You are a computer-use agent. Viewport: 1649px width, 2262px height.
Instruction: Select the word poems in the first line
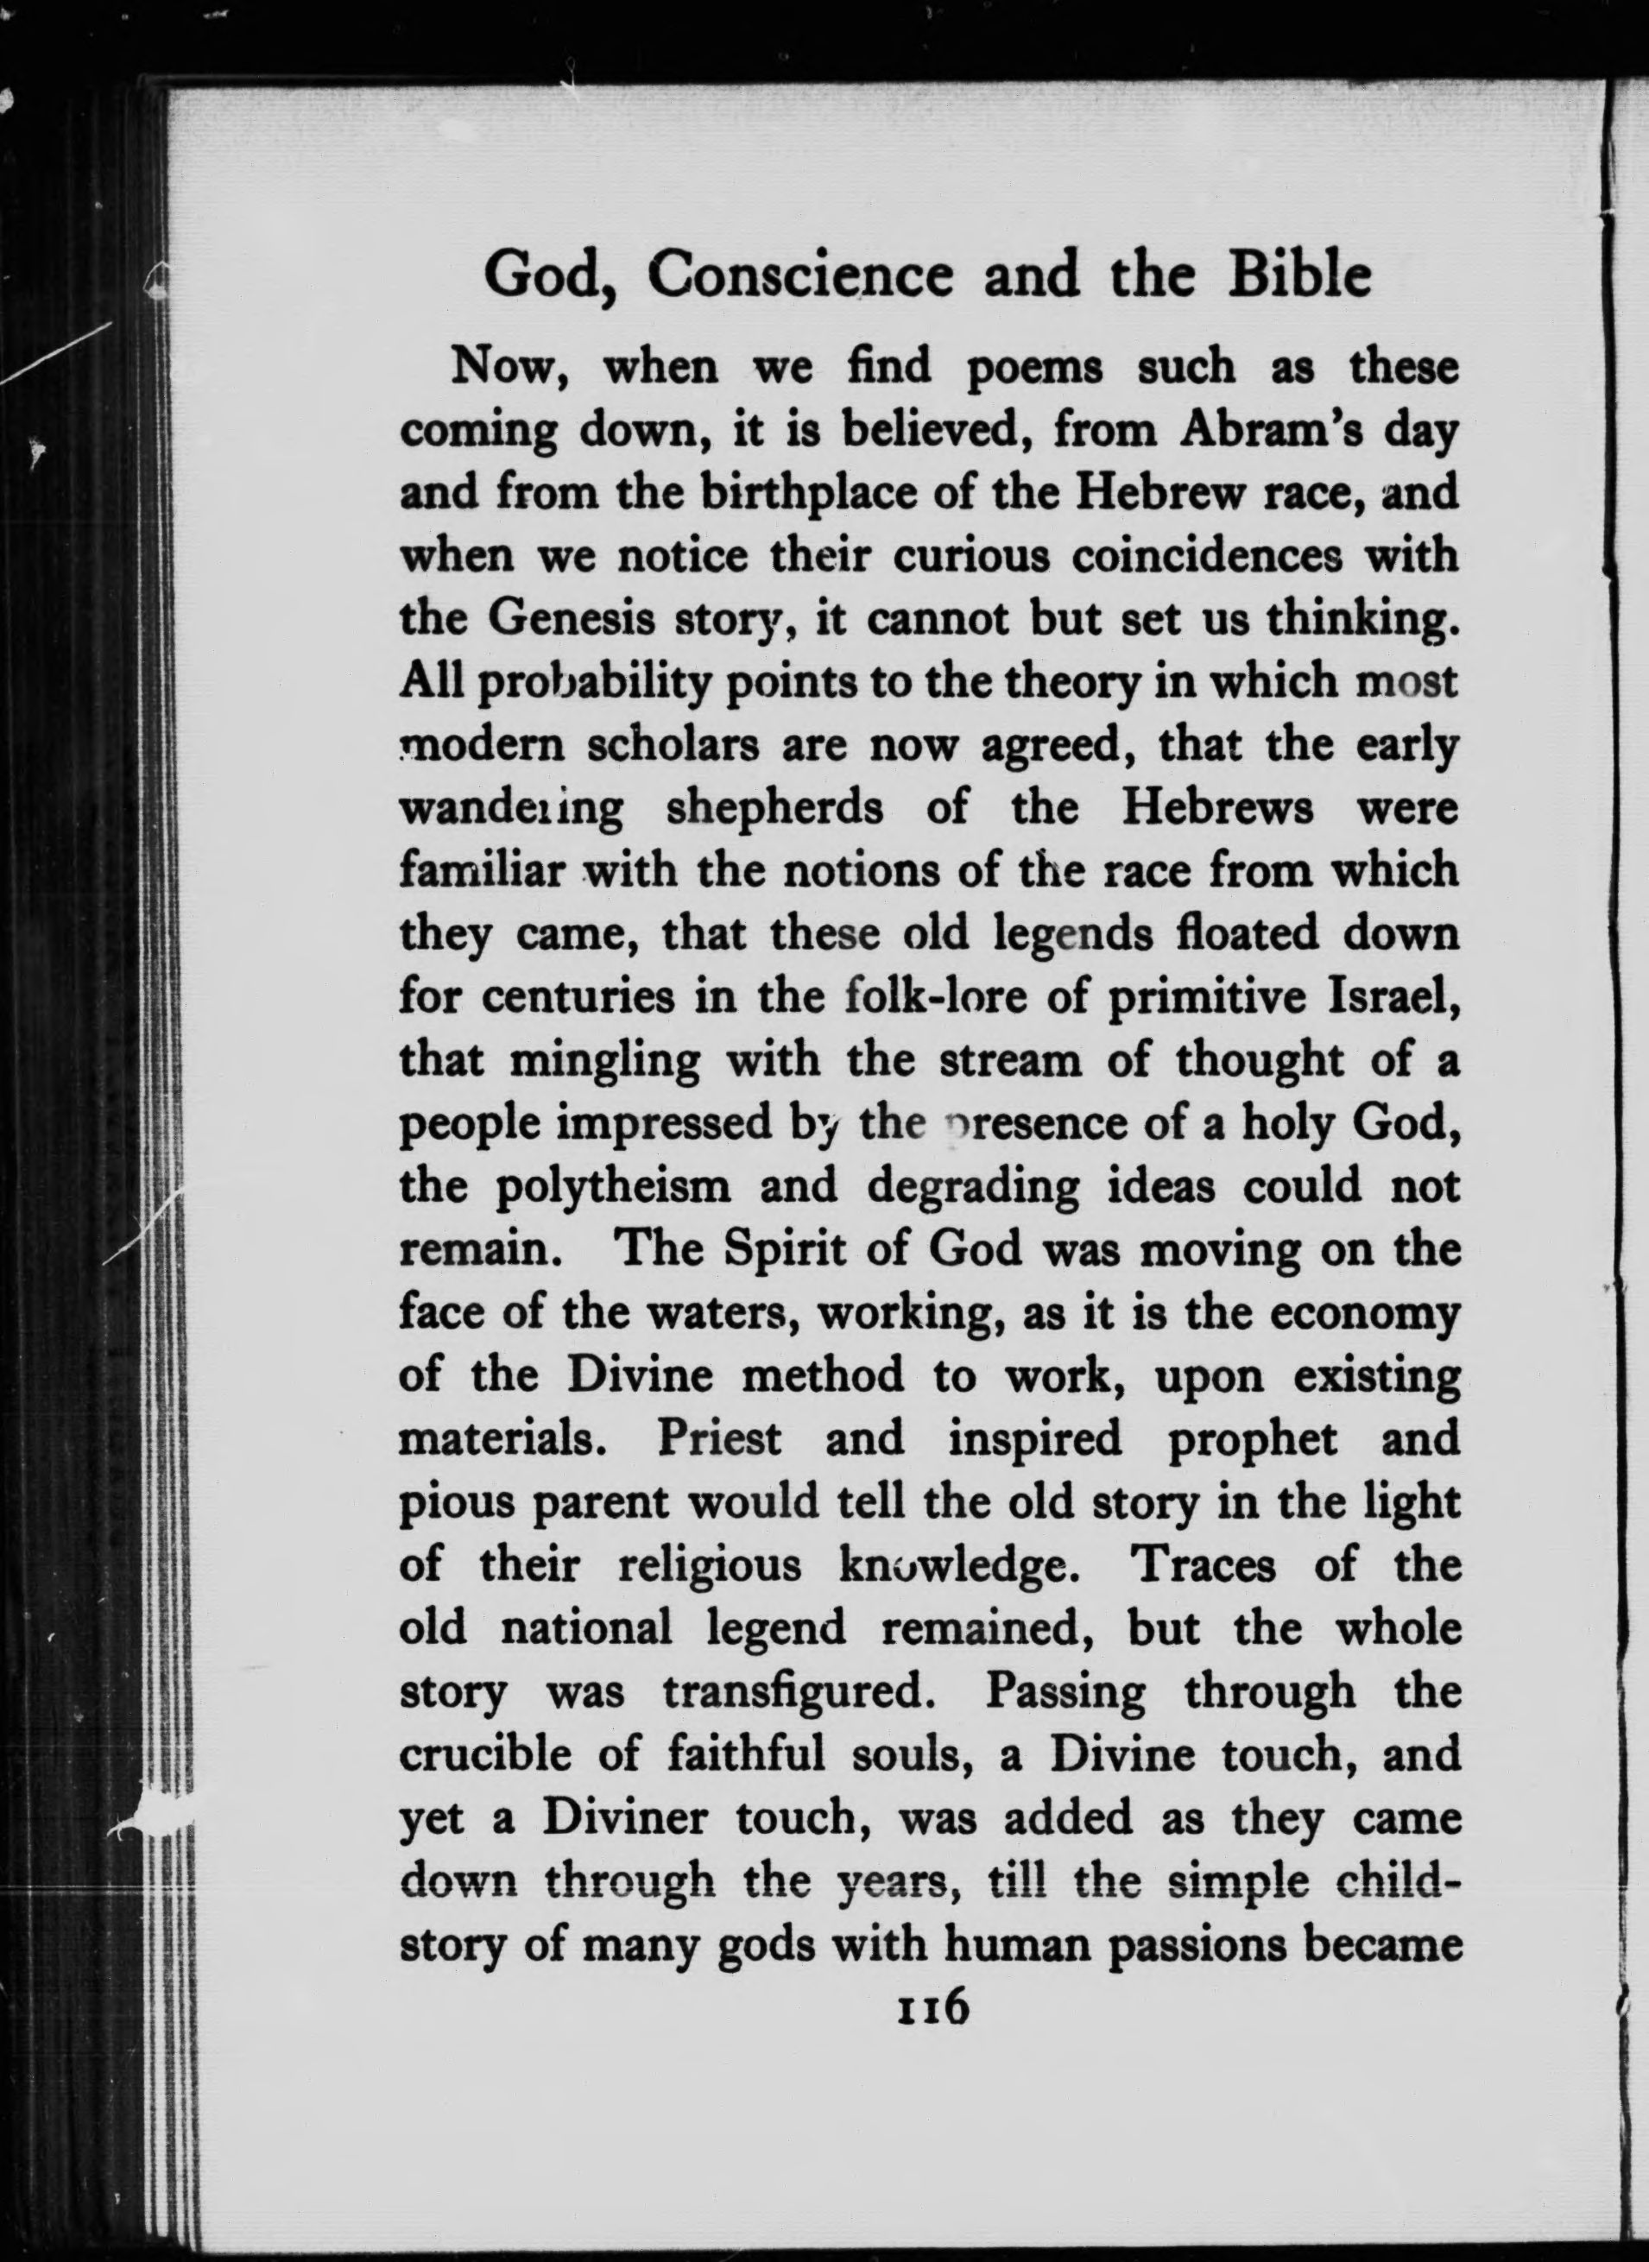(x=1034, y=369)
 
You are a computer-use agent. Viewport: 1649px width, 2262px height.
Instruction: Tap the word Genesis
(x=569, y=620)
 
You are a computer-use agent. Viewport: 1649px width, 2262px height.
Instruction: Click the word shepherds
(x=774, y=809)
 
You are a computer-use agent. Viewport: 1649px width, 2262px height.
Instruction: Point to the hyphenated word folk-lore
(x=923, y=997)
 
